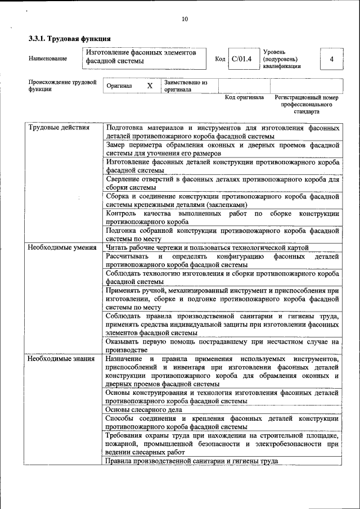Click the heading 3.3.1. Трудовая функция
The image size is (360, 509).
(x=69, y=39)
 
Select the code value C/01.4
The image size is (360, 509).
(x=241, y=59)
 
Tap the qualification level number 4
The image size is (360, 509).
(x=331, y=59)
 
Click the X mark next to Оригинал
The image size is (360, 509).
(x=150, y=86)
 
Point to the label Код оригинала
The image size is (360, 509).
(x=244, y=97)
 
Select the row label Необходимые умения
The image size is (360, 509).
(x=62, y=247)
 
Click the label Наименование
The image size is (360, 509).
(x=48, y=59)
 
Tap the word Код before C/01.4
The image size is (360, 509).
(x=220, y=59)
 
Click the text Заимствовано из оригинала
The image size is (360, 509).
(x=186, y=86)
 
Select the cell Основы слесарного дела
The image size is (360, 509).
(x=143, y=409)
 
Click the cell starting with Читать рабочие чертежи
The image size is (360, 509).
(x=207, y=247)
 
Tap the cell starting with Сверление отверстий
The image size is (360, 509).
(x=222, y=183)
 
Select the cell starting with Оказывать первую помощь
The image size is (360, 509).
(x=222, y=345)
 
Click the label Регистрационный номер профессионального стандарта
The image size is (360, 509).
(x=306, y=105)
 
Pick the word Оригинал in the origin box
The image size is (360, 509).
(x=119, y=86)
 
